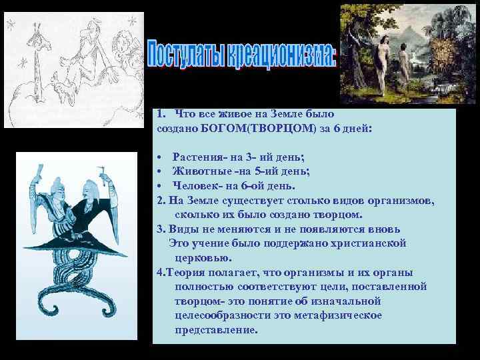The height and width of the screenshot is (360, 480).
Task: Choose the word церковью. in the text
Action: pos(203,257)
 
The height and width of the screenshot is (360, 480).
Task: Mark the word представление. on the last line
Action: pos(215,330)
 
